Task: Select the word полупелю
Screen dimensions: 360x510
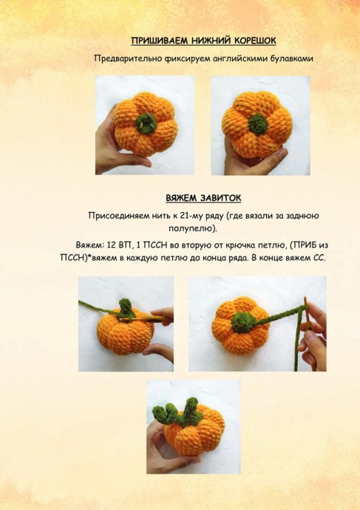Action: coord(192,228)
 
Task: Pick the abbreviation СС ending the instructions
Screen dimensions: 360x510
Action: coord(319,258)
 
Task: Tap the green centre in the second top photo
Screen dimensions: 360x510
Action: coord(258,124)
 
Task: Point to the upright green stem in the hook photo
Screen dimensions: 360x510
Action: coord(126,307)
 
